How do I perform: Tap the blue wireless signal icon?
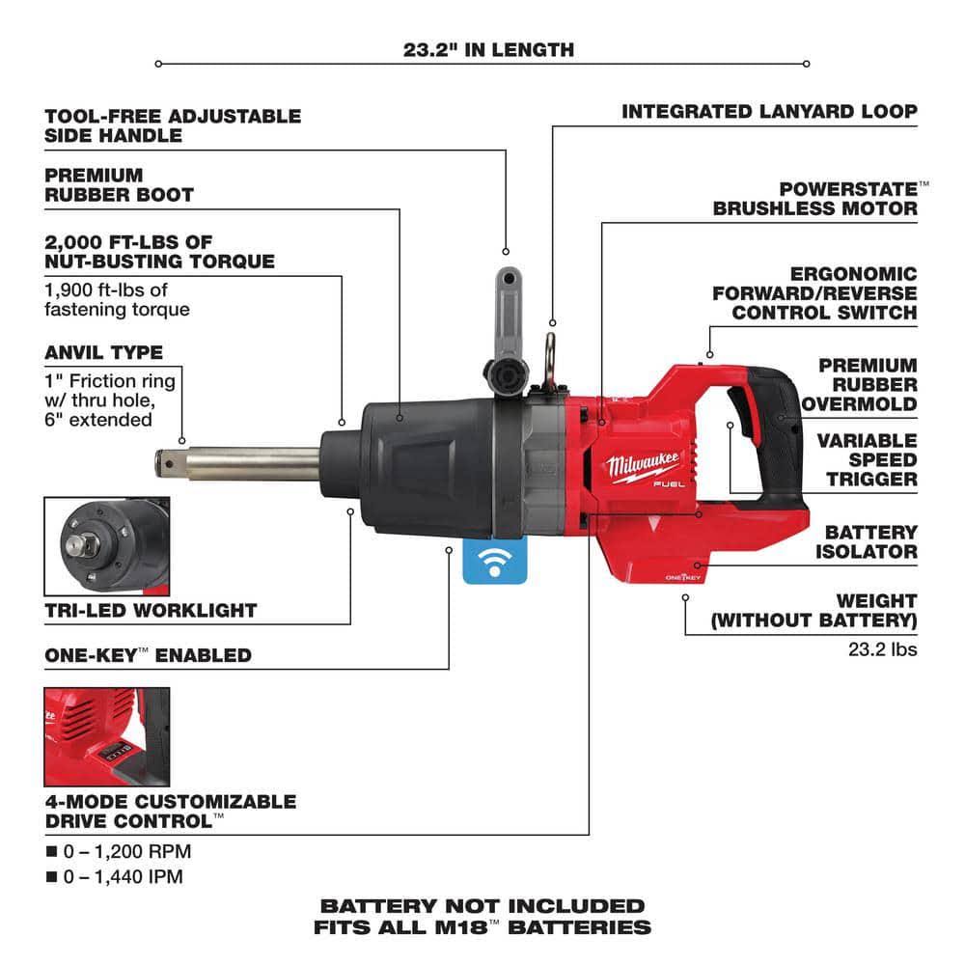[x=495, y=562]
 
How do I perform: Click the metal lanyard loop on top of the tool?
[x=550, y=363]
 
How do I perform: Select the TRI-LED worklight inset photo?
[x=107, y=546]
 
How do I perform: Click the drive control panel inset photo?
[x=107, y=736]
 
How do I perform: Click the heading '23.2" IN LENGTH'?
[x=488, y=50]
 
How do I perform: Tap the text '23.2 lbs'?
[x=883, y=649]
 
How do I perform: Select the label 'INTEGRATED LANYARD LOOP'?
[x=769, y=111]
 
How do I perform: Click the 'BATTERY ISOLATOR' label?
[x=867, y=541]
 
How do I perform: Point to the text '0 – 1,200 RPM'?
[x=126, y=851]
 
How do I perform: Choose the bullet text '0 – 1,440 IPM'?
[x=124, y=876]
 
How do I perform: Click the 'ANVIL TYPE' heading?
[x=104, y=352]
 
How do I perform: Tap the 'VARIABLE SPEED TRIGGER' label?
[x=868, y=459]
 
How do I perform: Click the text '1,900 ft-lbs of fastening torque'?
[x=117, y=300]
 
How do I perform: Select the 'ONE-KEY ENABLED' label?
[x=149, y=655]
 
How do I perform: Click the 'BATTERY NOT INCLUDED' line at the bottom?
[x=482, y=906]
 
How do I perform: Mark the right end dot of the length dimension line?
[x=806, y=64]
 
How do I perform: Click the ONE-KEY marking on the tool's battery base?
[x=683, y=577]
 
